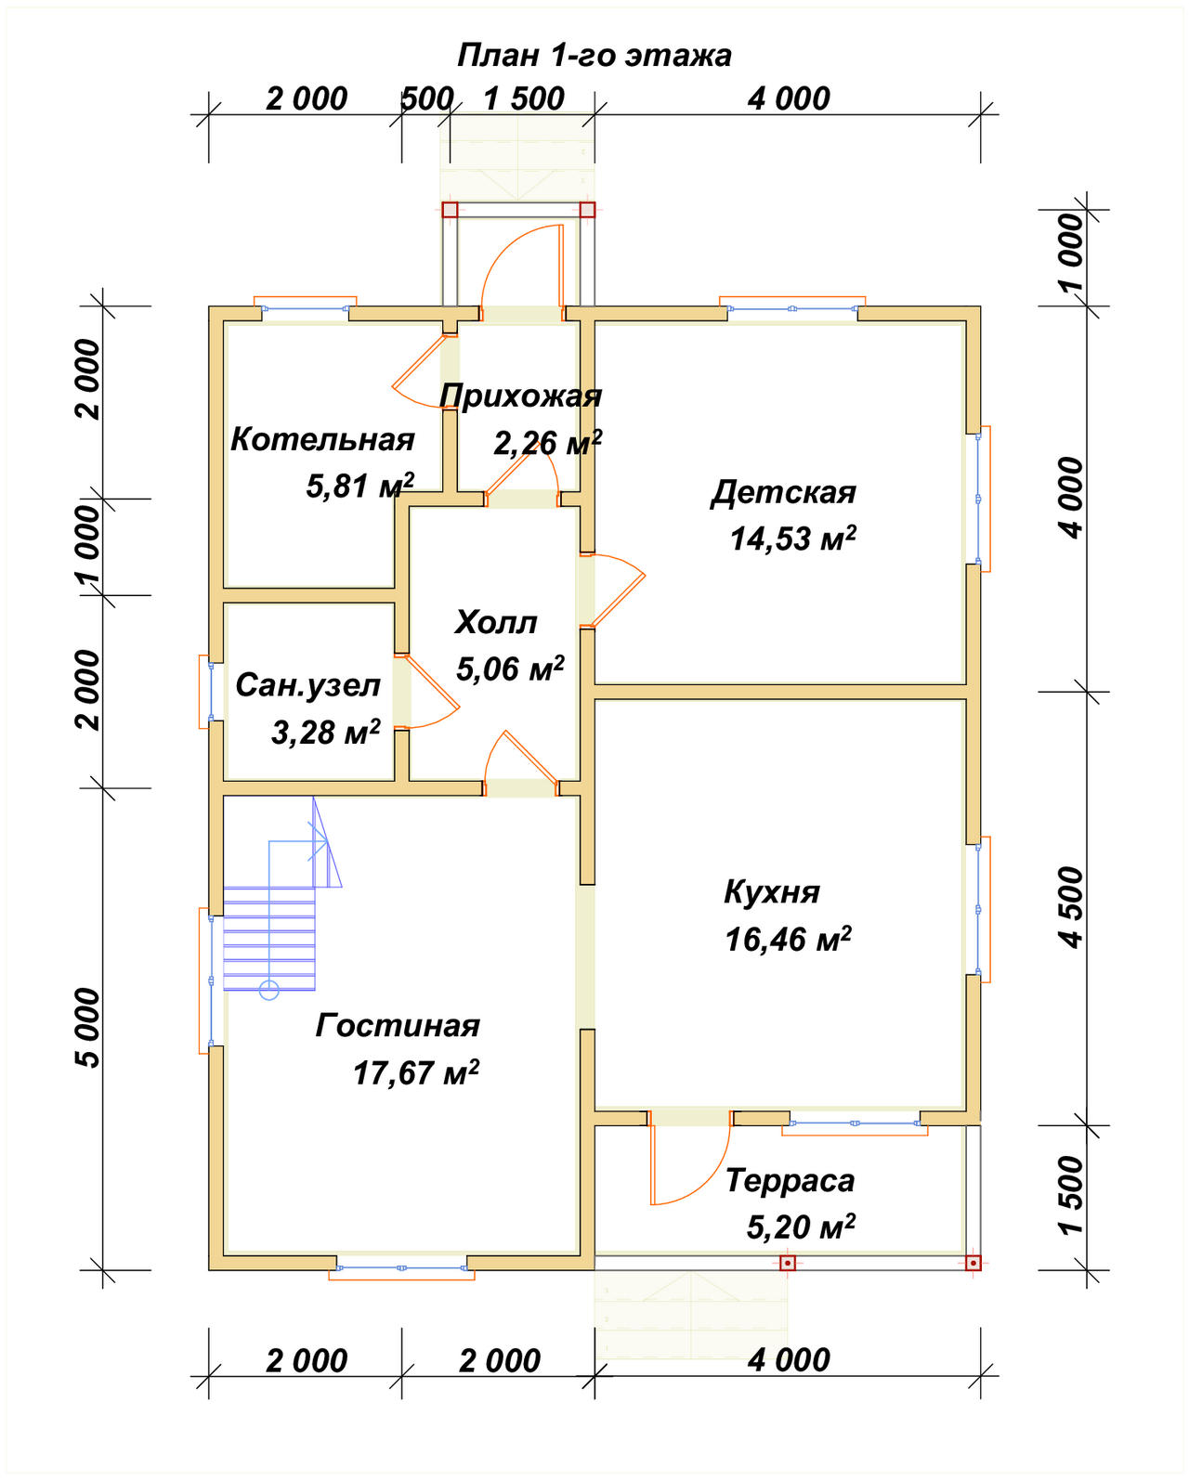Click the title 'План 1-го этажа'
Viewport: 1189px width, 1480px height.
(x=594, y=56)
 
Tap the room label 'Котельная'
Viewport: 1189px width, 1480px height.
(x=322, y=439)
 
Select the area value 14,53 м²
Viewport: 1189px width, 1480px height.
(x=792, y=538)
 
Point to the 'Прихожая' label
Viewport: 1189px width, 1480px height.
(x=520, y=396)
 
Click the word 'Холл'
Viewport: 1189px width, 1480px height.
(x=496, y=622)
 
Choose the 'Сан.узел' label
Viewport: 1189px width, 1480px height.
(x=307, y=685)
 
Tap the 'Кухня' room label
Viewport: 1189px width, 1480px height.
(x=771, y=892)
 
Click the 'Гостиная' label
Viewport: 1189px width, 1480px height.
(x=398, y=1026)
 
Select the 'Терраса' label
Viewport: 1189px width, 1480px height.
(x=790, y=1181)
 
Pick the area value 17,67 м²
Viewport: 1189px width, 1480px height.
(x=415, y=1073)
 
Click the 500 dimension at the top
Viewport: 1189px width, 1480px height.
(x=426, y=99)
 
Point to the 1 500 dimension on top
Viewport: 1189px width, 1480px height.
(x=524, y=99)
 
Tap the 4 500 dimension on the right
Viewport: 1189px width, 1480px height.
(x=1071, y=908)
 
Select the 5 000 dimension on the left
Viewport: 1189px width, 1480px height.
(x=87, y=1028)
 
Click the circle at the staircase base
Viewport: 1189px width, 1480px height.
(x=269, y=991)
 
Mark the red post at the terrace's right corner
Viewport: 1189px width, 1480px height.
(x=973, y=1263)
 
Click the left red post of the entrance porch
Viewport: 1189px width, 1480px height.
(x=450, y=210)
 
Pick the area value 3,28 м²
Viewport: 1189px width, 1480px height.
(x=325, y=733)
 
